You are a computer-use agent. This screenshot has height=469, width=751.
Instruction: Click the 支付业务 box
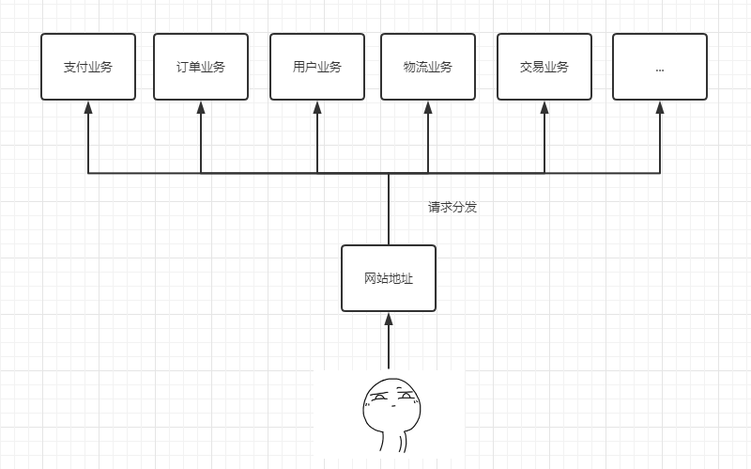[x=88, y=67]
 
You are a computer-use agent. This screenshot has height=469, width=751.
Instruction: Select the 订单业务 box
[x=201, y=67]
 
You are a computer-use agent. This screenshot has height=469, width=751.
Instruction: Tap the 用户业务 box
[x=317, y=67]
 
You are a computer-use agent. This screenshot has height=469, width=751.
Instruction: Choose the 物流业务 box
[x=428, y=67]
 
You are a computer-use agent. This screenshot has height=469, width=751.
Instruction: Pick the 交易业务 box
[x=544, y=67]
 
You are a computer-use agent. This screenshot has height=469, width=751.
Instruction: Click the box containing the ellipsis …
[x=660, y=67]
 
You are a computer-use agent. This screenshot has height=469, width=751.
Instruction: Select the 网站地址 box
[x=389, y=278]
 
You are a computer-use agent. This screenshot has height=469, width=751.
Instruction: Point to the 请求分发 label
[x=452, y=207]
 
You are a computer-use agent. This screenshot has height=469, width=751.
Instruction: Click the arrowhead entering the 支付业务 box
[x=88, y=107]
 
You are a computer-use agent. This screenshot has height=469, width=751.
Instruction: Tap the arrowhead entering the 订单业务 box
[x=201, y=107]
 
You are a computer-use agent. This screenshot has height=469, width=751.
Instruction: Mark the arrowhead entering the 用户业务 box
[x=317, y=107]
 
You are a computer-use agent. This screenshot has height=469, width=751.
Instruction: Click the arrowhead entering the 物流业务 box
[x=428, y=107]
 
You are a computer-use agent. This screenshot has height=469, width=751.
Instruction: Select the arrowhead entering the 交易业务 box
[x=544, y=107]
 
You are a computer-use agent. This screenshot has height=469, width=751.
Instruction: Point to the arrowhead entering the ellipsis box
[x=660, y=107]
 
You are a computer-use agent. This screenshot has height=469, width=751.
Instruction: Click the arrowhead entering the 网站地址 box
[x=389, y=320]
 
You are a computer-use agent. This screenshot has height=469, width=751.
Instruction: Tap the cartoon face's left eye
[x=378, y=398]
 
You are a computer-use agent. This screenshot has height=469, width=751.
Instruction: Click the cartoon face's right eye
[x=406, y=396]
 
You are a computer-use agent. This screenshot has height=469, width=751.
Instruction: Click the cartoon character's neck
[x=393, y=442]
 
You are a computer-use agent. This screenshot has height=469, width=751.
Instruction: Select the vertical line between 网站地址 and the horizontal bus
[x=389, y=209]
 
